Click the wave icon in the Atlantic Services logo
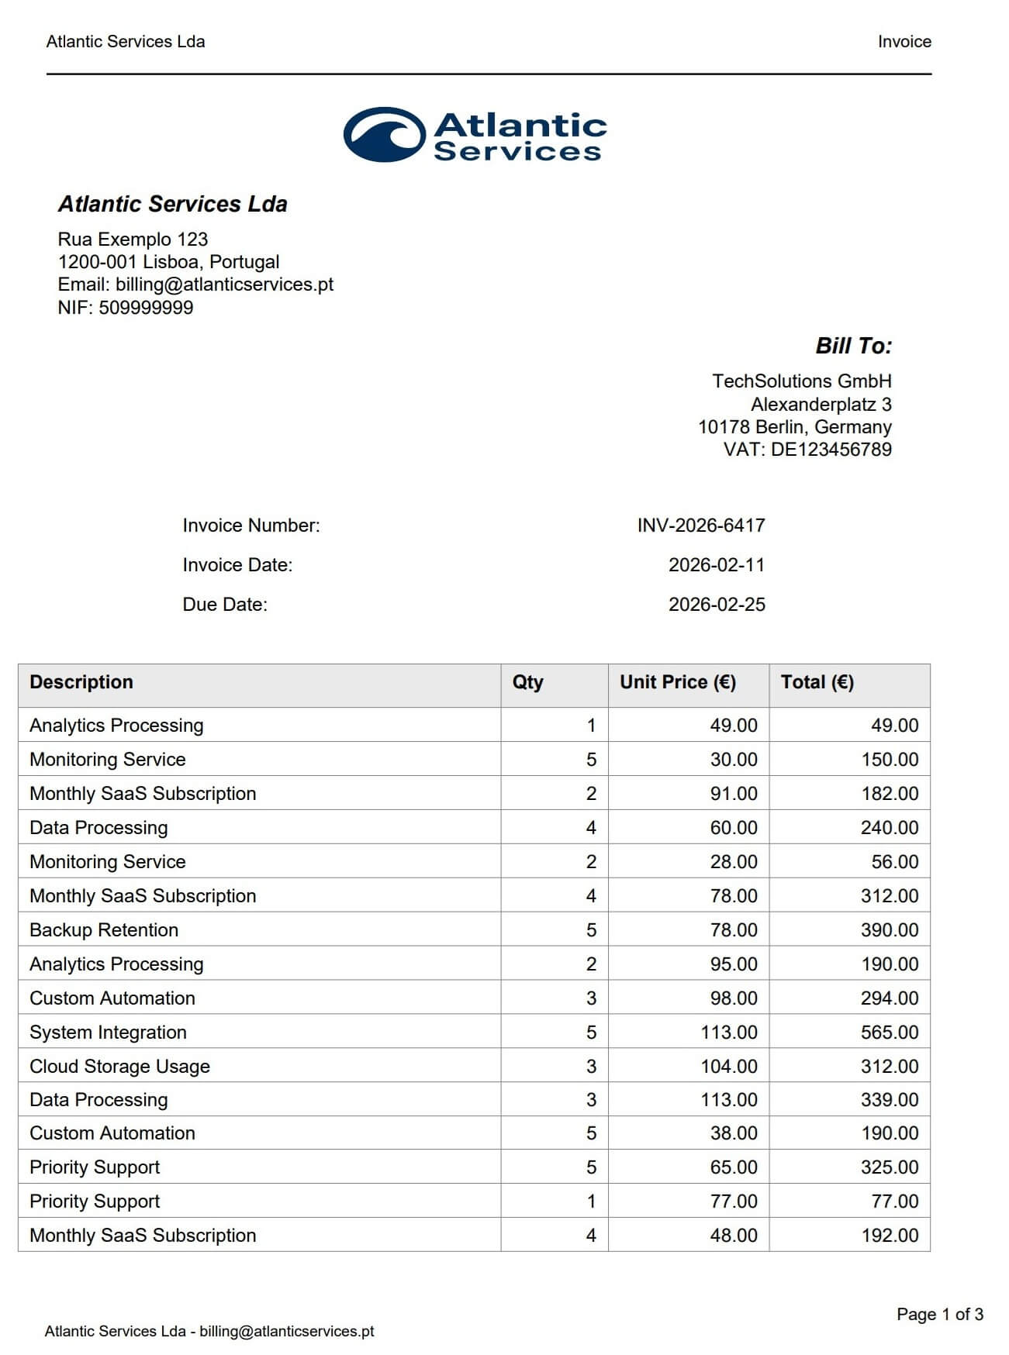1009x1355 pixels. (x=384, y=135)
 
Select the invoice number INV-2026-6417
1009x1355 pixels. (x=700, y=526)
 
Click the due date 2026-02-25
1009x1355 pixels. (x=716, y=605)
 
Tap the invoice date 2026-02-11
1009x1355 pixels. (x=716, y=565)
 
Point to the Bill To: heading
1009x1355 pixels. (x=853, y=346)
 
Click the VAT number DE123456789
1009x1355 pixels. (x=831, y=450)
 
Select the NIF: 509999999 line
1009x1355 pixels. (x=126, y=308)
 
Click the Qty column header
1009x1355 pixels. (x=527, y=682)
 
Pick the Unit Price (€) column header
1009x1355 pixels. (x=677, y=682)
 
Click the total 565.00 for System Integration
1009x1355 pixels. (x=889, y=1033)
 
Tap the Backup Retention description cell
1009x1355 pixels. (x=104, y=930)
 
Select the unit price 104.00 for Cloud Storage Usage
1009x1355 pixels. (x=728, y=1067)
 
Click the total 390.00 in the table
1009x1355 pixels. (x=889, y=930)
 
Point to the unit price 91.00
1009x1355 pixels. (x=733, y=794)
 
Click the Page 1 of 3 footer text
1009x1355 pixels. (x=939, y=1314)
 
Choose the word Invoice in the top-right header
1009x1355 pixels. (x=904, y=42)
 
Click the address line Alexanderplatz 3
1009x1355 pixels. (x=821, y=405)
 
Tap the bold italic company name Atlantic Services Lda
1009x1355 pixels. (x=172, y=204)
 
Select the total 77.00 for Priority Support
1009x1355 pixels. (x=894, y=1202)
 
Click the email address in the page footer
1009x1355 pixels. (x=286, y=1331)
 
